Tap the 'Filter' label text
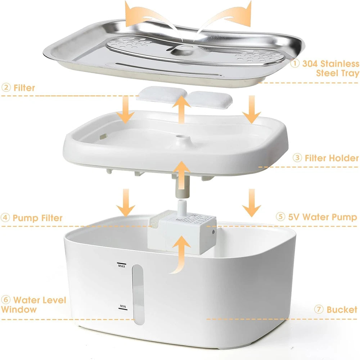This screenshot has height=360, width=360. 24,87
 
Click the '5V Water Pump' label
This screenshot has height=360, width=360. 321,217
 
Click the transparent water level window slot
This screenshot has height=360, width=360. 138,292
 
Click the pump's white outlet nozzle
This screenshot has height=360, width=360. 182,206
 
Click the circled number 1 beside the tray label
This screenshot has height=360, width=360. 295,64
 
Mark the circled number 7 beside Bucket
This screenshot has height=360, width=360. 319,310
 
